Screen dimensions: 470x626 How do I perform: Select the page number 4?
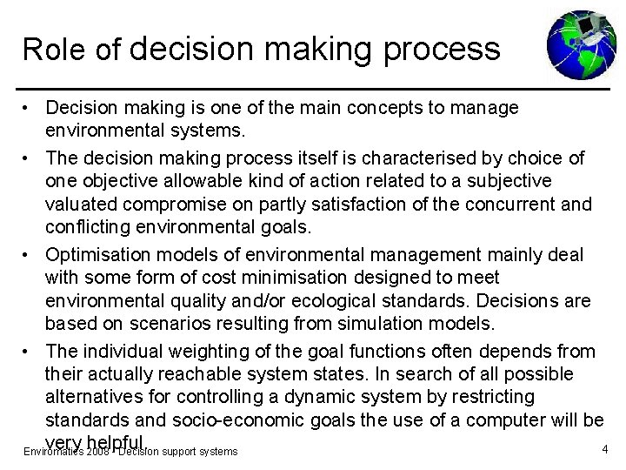[x=604, y=450]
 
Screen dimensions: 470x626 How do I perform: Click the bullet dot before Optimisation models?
[x=29, y=254]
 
